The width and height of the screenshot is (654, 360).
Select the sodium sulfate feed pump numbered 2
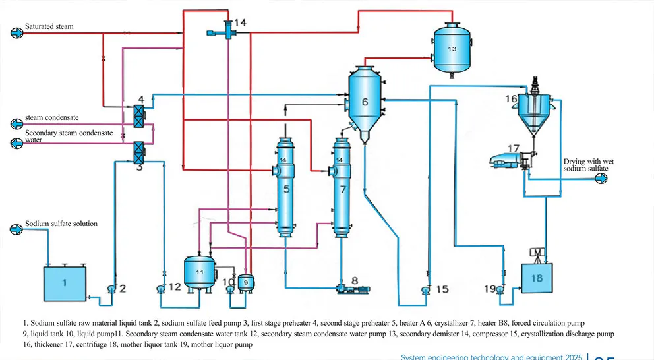pyautogui.click(x=111, y=288)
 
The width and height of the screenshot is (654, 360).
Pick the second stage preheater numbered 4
pyautogui.click(x=139, y=116)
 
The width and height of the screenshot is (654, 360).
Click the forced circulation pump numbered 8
pyautogui.click(x=347, y=288)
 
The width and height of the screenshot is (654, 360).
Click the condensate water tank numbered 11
pyautogui.click(x=200, y=271)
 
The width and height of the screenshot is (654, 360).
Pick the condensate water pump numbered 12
pyautogui.click(x=161, y=288)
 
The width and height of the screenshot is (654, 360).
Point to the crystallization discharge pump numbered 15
pyautogui.click(x=427, y=289)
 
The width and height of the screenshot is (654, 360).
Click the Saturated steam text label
pyautogui.click(x=49, y=26)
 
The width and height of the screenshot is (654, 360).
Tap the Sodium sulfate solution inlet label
pyautogui.click(x=61, y=224)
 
